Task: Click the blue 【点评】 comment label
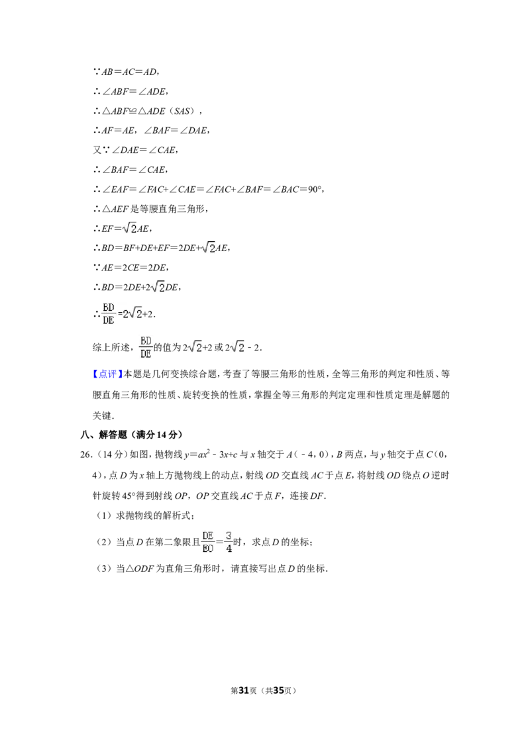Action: [x=107, y=374]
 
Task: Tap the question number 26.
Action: [x=86, y=455]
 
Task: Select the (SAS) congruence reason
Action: [x=183, y=111]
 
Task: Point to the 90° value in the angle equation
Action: [x=313, y=189]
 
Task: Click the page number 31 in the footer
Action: [x=244, y=690]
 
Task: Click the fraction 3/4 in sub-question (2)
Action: [x=229, y=542]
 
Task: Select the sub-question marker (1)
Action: [x=104, y=515]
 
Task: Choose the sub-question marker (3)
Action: [x=104, y=568]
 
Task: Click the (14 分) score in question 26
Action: [x=113, y=455]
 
